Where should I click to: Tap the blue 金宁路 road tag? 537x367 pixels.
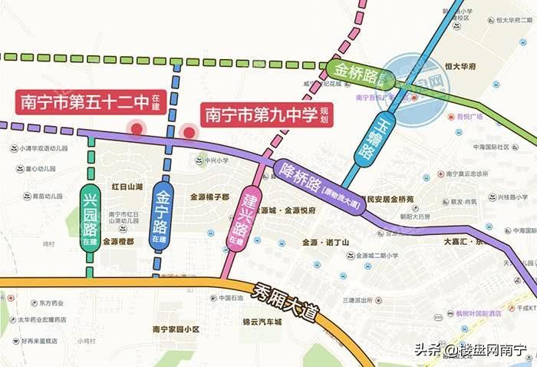point(161,207)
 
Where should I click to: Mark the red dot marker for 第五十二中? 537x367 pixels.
point(137,129)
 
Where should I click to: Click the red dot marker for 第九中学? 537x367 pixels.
point(189,132)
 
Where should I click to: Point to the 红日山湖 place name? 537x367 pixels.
point(127,187)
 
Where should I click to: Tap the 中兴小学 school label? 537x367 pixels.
point(210,160)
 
